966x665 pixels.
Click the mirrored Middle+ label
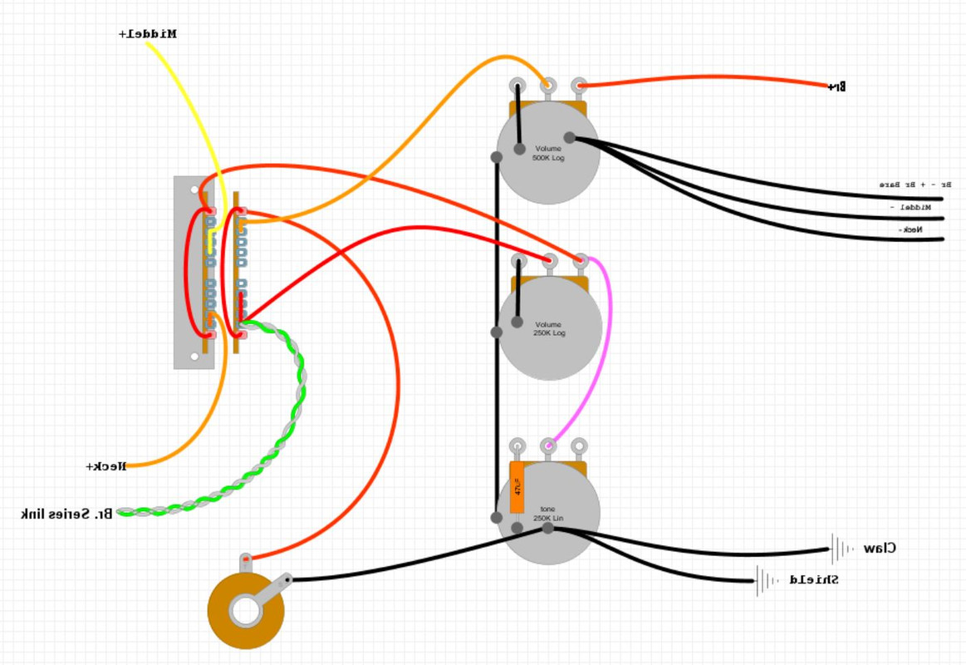point(148,34)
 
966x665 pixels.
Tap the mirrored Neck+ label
point(106,466)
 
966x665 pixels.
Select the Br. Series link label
point(66,514)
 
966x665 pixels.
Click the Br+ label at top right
point(837,86)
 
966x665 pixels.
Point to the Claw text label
point(880,549)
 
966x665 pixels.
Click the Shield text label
point(813,579)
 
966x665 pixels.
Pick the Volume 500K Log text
point(548,153)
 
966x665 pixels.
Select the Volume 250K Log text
point(548,328)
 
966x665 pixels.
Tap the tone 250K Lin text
point(548,514)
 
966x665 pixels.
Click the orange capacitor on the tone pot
point(517,488)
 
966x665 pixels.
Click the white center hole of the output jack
point(245,611)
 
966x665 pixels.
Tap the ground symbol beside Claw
point(841,549)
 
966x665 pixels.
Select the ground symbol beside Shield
point(766,580)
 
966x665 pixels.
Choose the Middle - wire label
point(910,206)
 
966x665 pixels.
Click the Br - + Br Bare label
point(915,184)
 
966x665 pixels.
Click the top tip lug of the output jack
point(246,560)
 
